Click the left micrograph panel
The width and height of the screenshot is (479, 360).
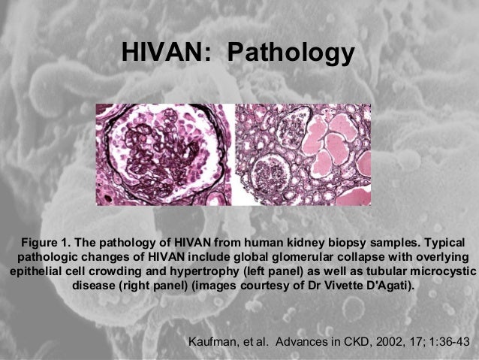coord(163,154)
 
